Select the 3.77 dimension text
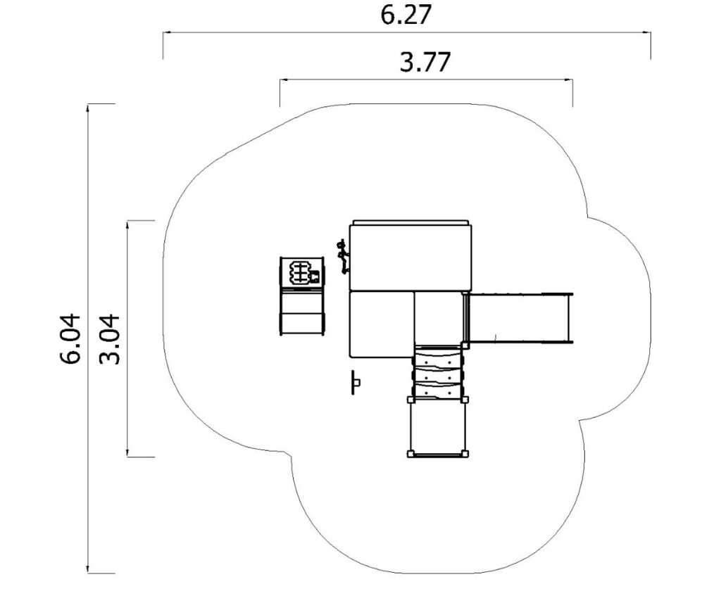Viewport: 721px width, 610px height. [x=425, y=62]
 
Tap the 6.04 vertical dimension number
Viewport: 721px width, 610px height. [x=70, y=339]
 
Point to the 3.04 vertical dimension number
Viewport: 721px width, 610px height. [x=110, y=339]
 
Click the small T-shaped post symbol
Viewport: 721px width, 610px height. [x=356, y=382]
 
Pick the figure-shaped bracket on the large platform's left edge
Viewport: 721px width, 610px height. [x=343, y=256]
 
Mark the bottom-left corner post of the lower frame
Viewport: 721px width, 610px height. [x=410, y=455]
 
